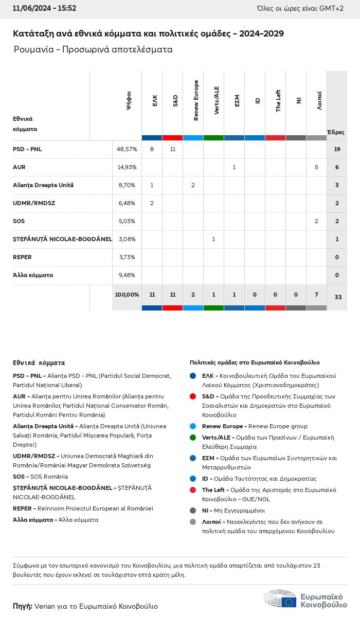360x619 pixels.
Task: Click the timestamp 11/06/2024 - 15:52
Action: click(x=45, y=8)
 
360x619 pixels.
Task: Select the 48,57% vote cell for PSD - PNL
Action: click(x=127, y=149)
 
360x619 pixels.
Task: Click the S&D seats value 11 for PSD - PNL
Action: click(x=172, y=149)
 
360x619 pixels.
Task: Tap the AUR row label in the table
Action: click(x=19, y=167)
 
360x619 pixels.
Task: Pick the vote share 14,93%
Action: click(x=127, y=167)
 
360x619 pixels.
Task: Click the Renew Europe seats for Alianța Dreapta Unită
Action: click(x=193, y=185)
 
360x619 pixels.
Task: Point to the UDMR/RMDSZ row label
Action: click(x=34, y=203)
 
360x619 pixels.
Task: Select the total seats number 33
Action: click(x=337, y=297)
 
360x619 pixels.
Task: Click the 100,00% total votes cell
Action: click(x=127, y=295)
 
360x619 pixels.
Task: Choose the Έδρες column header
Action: click(x=336, y=132)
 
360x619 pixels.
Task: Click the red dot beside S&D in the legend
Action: click(x=193, y=396)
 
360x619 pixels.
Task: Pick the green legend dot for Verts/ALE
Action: click(x=193, y=438)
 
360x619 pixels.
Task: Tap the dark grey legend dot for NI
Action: click(x=193, y=511)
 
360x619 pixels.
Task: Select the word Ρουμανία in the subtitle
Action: click(x=32, y=50)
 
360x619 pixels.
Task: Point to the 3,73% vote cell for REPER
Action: click(x=127, y=257)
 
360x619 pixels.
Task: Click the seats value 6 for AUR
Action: click(x=337, y=167)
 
